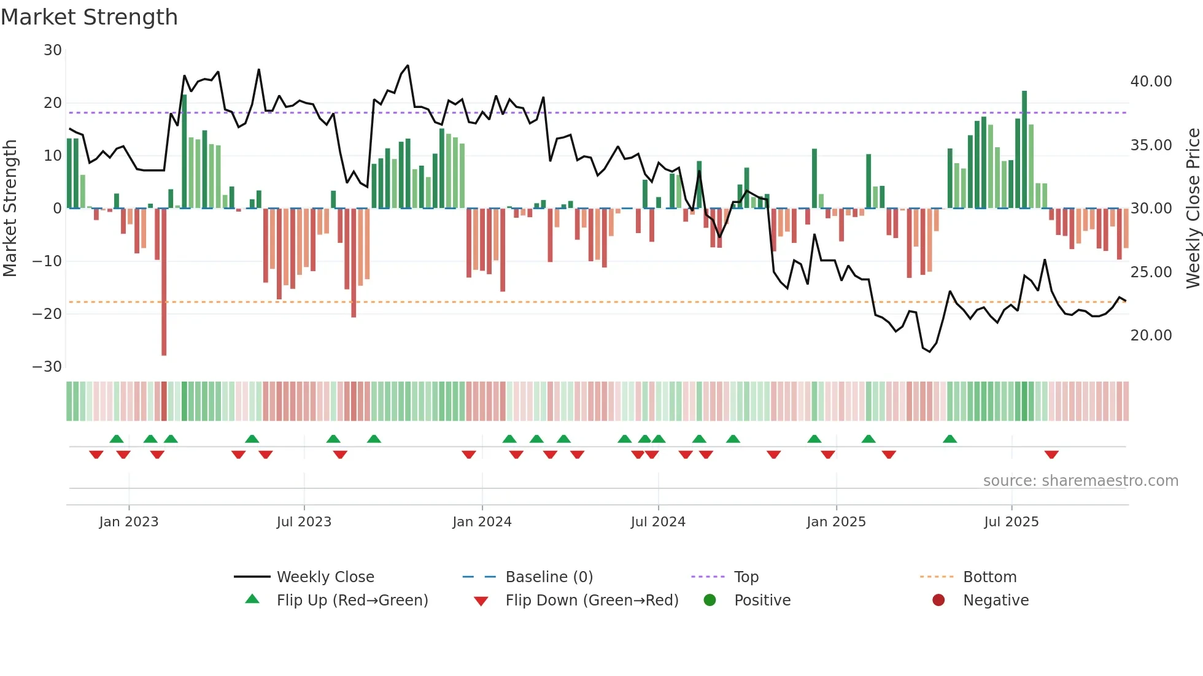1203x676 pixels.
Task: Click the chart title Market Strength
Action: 89,17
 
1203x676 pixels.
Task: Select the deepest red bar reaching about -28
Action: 164,282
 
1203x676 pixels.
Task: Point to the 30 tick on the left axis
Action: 53,50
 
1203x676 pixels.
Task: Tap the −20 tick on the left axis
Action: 47,314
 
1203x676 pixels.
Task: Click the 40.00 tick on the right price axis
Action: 1151,82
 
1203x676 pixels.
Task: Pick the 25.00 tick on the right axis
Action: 1151,272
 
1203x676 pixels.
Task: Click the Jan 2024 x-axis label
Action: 482,522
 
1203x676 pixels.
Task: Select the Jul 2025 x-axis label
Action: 1011,522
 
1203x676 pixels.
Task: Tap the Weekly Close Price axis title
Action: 1193,209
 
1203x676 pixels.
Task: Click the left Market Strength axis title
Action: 10,209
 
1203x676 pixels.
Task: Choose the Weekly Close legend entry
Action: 325,577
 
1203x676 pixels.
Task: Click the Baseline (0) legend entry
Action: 549,577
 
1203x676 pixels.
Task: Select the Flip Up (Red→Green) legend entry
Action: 352,601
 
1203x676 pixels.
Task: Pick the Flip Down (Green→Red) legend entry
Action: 592,601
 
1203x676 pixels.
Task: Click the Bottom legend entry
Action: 989,577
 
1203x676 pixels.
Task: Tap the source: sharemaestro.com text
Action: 1080,481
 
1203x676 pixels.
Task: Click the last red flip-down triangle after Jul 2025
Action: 1051,455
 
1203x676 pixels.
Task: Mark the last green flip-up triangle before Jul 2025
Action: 950,439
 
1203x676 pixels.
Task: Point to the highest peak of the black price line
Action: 408,66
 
